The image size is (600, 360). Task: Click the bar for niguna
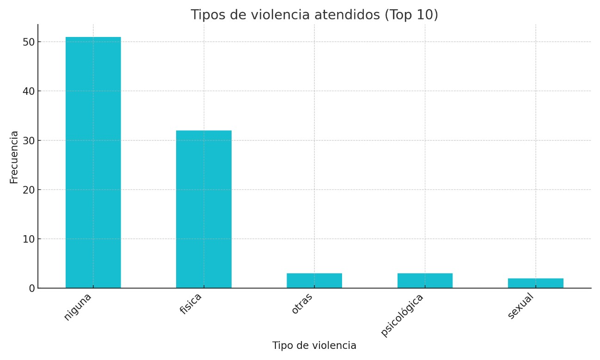tap(93, 162)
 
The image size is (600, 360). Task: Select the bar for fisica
tap(203, 209)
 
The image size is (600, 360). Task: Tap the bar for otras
tap(314, 281)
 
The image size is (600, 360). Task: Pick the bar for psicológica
tap(425, 281)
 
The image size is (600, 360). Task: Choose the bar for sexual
tap(535, 283)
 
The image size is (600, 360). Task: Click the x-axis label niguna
tap(78, 307)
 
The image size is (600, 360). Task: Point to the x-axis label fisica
tap(191, 304)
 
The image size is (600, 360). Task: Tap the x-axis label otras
tap(302, 303)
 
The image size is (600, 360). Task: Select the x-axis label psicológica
tap(402, 315)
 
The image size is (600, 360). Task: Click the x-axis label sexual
tap(520, 305)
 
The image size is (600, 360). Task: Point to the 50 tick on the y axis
tap(28, 42)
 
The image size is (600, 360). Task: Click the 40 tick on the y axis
tap(28, 91)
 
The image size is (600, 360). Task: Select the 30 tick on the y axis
tap(28, 140)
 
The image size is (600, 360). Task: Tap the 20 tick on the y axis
tap(28, 189)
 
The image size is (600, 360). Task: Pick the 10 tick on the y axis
tap(28, 239)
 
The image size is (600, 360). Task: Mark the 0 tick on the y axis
tap(31, 288)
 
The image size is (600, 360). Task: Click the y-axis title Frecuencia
tap(14, 157)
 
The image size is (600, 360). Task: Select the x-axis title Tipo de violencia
tap(314, 346)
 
